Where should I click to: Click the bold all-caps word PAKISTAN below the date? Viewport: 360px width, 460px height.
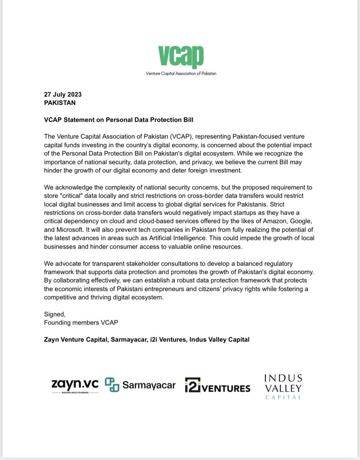[x=60, y=103]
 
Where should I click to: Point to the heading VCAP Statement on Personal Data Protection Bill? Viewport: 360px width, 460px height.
[x=119, y=120]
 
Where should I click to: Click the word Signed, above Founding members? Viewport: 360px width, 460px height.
[x=54, y=315]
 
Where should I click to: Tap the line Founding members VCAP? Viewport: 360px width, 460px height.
[x=81, y=323]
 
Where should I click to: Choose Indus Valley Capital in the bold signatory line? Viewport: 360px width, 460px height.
[x=219, y=340]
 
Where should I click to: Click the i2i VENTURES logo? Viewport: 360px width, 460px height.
[x=217, y=386]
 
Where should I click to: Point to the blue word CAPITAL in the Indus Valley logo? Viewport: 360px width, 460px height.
[x=283, y=398]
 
